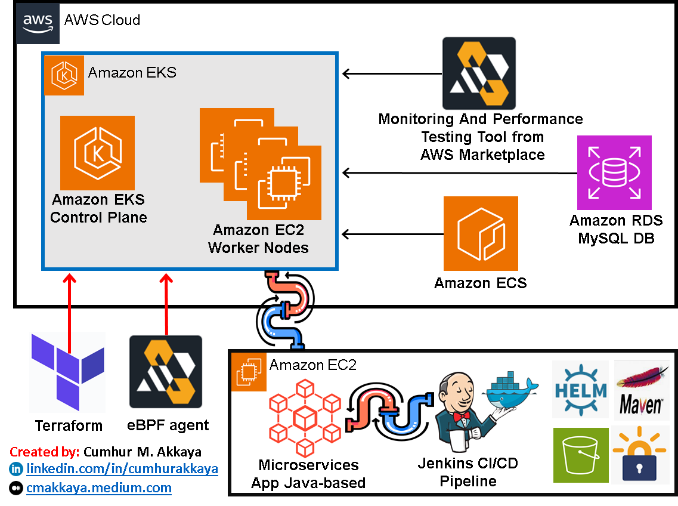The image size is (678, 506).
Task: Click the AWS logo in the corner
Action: (x=38, y=23)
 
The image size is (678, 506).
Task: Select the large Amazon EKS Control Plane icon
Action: (x=97, y=153)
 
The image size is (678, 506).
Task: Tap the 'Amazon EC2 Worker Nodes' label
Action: (x=258, y=239)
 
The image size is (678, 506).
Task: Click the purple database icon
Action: (x=614, y=172)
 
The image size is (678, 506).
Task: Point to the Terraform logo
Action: (x=67, y=372)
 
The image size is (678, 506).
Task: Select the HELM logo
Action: (x=580, y=389)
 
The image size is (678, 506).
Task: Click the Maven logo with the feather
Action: (x=641, y=390)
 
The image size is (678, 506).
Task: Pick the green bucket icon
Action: (x=581, y=455)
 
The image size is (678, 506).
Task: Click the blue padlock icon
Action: (x=639, y=455)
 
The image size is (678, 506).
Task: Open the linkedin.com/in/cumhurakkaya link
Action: (x=122, y=469)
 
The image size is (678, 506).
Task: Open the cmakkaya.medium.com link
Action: (x=98, y=488)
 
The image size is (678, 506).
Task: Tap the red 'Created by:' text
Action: (x=45, y=452)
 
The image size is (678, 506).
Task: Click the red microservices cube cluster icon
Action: (x=304, y=416)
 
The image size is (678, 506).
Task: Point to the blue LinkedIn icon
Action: (x=16, y=469)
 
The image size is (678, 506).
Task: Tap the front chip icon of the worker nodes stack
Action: (x=284, y=183)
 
